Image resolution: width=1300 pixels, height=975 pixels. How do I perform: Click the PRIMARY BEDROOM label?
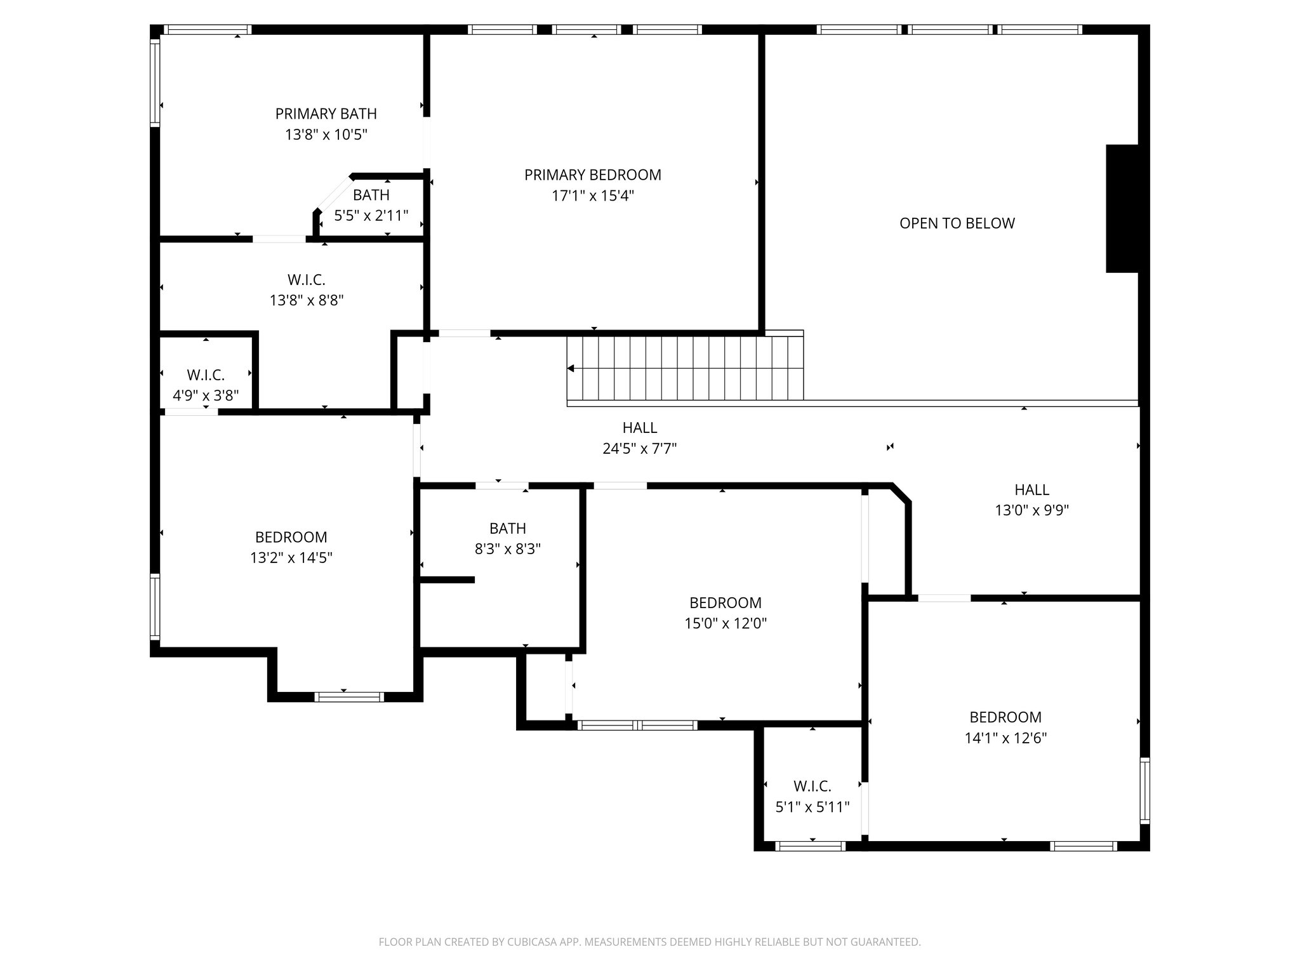(592, 175)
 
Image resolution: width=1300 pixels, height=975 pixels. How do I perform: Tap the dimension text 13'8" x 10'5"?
(326, 135)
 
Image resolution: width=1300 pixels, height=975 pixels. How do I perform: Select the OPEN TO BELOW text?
(957, 223)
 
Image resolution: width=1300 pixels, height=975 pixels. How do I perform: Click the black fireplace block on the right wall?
(1122, 209)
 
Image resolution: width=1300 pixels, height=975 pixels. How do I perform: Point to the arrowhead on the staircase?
(571, 368)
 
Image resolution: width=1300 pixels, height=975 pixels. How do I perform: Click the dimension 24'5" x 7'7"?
(639, 449)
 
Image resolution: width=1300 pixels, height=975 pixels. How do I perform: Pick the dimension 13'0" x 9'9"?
(1031, 510)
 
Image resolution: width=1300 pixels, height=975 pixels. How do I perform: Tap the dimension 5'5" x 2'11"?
(371, 216)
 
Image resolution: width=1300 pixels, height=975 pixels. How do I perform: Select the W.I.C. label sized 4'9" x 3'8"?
(206, 375)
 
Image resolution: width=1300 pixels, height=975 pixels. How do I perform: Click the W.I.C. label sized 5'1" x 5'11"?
(812, 786)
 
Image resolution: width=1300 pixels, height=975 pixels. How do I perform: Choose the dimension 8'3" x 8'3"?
(507, 549)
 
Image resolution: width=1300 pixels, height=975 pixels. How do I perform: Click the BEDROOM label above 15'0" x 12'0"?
(725, 602)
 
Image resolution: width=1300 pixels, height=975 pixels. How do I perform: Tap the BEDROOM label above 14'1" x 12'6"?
(1005, 717)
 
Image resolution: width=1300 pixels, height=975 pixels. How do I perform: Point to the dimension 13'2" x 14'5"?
(291, 558)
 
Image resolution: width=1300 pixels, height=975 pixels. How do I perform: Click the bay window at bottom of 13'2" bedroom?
(349, 697)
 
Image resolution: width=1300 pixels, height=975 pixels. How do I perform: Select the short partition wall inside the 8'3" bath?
(447, 580)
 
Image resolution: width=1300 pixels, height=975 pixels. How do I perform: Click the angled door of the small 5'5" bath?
(334, 192)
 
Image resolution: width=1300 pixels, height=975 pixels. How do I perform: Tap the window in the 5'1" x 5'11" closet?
(811, 846)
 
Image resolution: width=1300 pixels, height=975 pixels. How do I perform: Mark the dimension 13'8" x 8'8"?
(307, 300)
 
